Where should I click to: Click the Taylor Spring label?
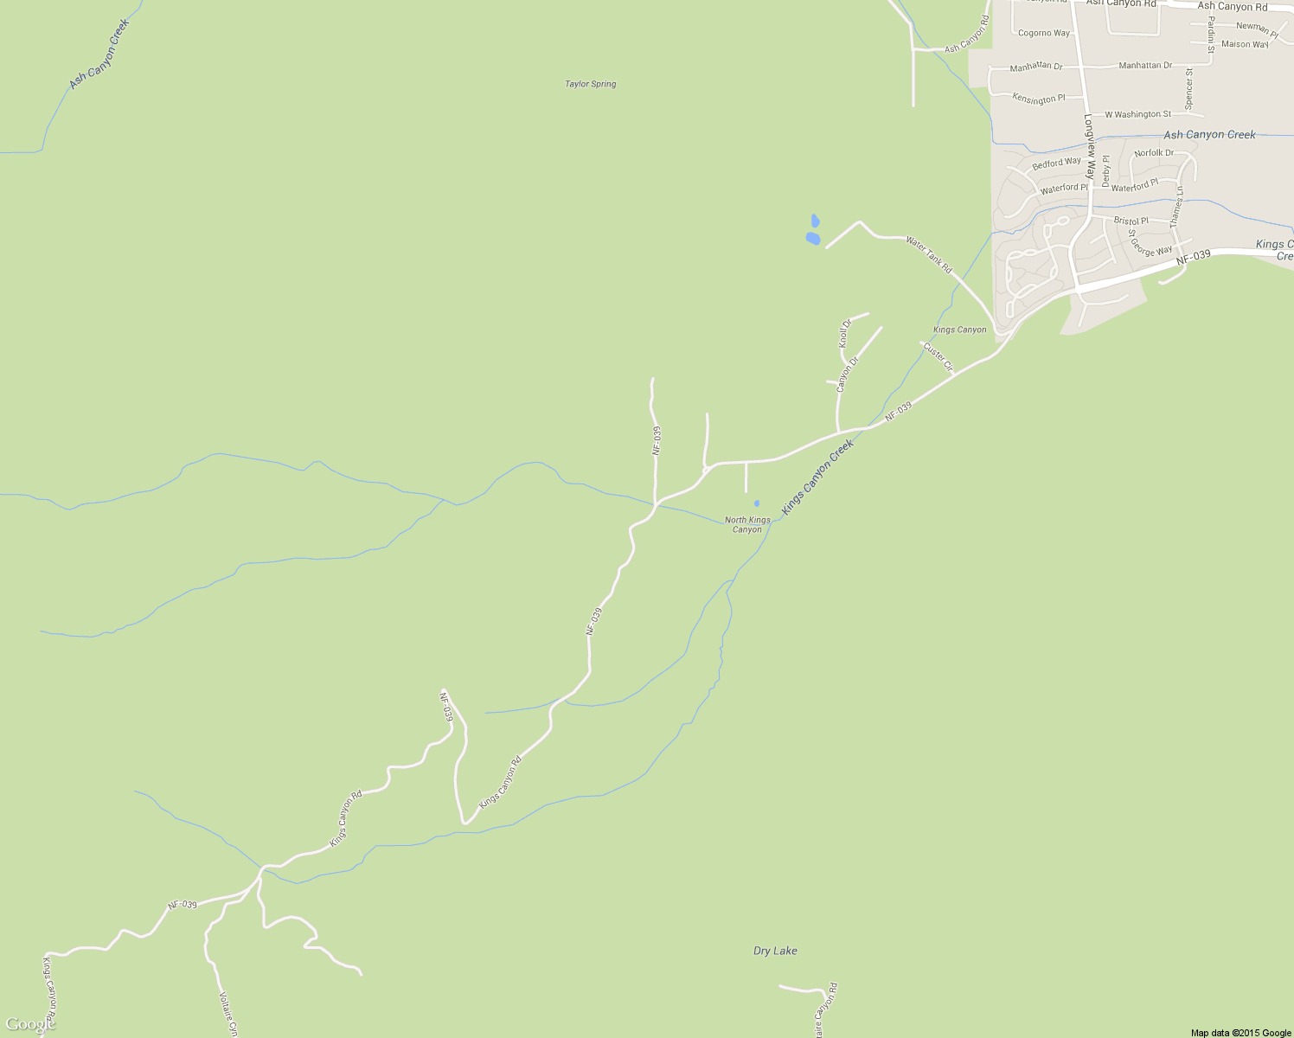click(591, 84)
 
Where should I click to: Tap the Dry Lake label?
click(775, 951)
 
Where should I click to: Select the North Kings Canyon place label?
click(747, 525)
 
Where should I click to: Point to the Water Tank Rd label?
click(929, 254)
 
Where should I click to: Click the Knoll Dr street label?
click(845, 333)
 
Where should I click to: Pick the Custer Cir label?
click(938, 357)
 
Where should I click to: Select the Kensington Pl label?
click(1038, 99)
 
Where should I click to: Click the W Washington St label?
click(1137, 114)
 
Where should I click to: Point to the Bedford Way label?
click(1056, 163)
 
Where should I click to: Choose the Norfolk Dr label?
click(1154, 153)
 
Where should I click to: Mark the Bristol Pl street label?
click(1131, 221)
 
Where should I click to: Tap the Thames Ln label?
click(1175, 208)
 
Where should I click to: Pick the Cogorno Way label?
click(1044, 33)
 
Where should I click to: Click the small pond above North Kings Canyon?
click(757, 503)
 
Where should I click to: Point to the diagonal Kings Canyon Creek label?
click(817, 477)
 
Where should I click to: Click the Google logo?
click(29, 1025)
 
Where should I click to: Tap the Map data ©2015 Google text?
click(1240, 1033)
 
